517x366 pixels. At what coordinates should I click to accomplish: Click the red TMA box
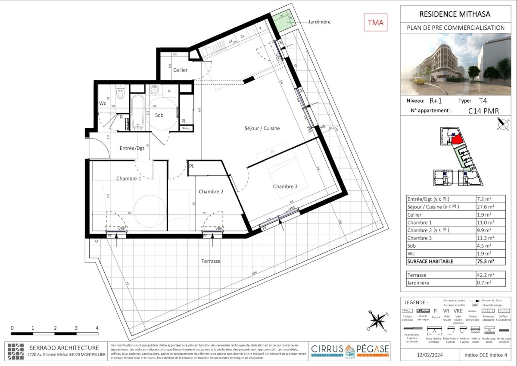coord(376,22)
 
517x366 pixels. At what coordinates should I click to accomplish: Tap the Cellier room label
coord(181,70)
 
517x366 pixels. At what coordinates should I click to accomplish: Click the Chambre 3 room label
coord(285,186)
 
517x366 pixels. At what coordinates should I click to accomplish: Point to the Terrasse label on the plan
coord(211,261)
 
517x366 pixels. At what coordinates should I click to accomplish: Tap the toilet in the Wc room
coord(121,92)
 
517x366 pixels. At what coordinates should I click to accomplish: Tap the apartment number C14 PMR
coord(483,111)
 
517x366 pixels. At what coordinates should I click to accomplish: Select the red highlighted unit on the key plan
coord(457,140)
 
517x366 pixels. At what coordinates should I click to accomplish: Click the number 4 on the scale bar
coord(97,328)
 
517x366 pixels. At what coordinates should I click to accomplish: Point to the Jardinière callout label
coord(320,22)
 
